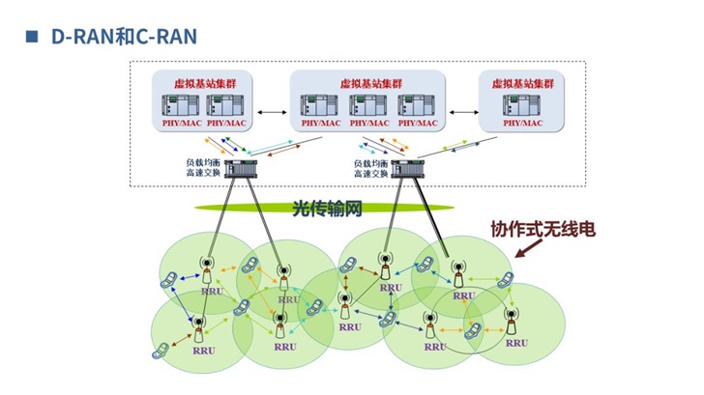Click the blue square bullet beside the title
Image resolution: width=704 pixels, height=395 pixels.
click(x=31, y=37)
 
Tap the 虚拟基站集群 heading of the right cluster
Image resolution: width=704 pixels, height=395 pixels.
click(x=522, y=84)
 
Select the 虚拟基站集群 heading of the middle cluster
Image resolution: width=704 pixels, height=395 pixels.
click(x=371, y=84)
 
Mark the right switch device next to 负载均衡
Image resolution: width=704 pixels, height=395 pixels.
click(x=408, y=170)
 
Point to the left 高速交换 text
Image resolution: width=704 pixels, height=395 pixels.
click(x=204, y=175)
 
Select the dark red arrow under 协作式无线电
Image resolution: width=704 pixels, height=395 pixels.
click(x=526, y=251)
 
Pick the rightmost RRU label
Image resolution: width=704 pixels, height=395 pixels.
click(x=517, y=342)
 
